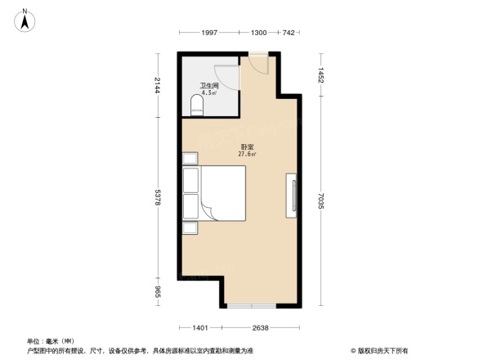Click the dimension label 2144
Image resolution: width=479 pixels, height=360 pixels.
(157, 85)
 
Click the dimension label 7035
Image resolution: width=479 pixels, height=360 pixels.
(322, 197)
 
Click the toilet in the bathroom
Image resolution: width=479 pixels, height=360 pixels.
(196, 105)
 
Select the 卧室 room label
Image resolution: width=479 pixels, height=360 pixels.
(247, 146)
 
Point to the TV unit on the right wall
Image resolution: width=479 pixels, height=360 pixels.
(291, 196)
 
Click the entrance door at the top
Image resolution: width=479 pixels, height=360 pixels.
(257, 63)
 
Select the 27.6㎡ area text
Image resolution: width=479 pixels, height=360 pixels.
(247, 154)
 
